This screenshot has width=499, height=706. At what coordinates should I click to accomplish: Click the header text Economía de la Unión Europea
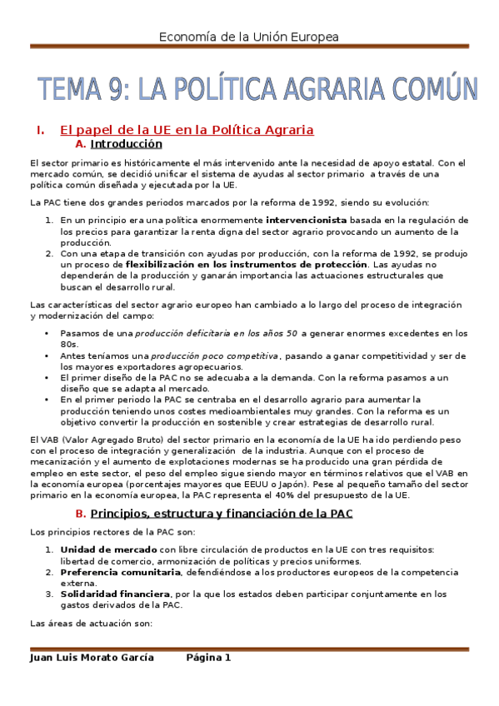pyautogui.click(x=249, y=37)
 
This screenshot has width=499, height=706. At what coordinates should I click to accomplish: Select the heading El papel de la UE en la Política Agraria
pyautogui.click(x=187, y=130)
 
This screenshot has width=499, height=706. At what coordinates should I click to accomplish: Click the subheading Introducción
pyautogui.click(x=126, y=143)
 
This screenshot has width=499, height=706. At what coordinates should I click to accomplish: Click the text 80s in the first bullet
pyautogui.click(x=67, y=344)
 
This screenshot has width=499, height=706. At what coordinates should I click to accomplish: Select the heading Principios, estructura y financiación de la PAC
pyautogui.click(x=232, y=514)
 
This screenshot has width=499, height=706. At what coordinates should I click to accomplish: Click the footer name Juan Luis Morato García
pyautogui.click(x=91, y=657)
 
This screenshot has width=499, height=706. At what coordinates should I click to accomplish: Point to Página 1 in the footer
pyautogui.click(x=208, y=657)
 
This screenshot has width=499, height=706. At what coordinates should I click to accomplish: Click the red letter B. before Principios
pyautogui.click(x=80, y=514)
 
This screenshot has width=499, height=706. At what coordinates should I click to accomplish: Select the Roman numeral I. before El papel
pyautogui.click(x=39, y=130)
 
